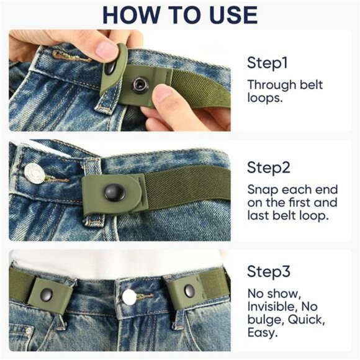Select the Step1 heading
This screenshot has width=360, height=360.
pos(269,63)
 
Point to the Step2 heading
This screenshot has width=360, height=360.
pos(269,167)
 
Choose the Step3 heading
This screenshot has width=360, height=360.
pos(269,271)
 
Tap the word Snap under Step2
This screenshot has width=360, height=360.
pos(261,189)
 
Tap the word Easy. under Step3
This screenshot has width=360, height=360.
pos(261,333)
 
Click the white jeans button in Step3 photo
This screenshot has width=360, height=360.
pos(129,297)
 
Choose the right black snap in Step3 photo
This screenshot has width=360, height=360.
pos(189,289)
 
